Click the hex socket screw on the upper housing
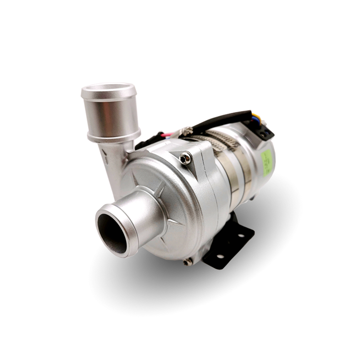[185, 158]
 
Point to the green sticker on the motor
[266, 161]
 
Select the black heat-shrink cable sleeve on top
[225, 118]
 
